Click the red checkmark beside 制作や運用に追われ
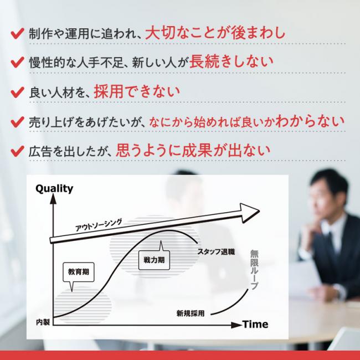[18, 34]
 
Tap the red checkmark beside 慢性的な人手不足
[18, 63]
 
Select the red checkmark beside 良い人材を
[18, 92]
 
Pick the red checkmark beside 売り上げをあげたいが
[18, 122]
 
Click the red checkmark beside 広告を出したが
[18, 151]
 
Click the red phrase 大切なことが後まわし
[215, 33]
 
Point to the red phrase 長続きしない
[231, 61]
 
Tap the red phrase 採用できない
[137, 91]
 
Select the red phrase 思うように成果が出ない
[193, 151]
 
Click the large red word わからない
[310, 121]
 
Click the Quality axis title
[54, 189]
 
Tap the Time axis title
[255, 325]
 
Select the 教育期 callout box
[79, 272]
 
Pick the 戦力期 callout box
[155, 260]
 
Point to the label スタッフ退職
[216, 252]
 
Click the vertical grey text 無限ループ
[254, 270]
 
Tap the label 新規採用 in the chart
[191, 313]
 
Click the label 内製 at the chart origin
[43, 322]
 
